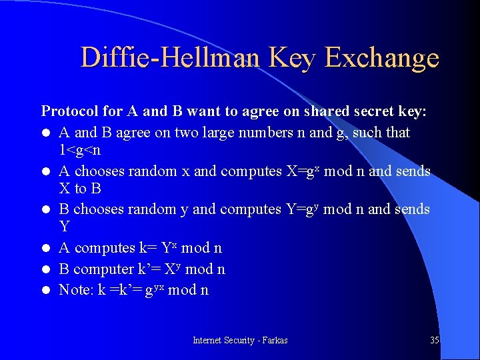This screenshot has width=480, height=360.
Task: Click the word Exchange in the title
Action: [x=382, y=59]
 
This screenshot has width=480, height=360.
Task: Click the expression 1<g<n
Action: [x=80, y=150]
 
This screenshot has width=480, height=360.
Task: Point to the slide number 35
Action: [x=435, y=340]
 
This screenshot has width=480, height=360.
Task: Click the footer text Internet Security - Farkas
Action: [x=240, y=340]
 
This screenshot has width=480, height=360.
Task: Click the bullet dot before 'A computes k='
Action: [x=45, y=249]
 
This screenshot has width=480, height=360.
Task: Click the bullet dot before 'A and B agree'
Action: [x=45, y=133]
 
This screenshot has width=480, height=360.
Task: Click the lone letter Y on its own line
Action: [x=65, y=227]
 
